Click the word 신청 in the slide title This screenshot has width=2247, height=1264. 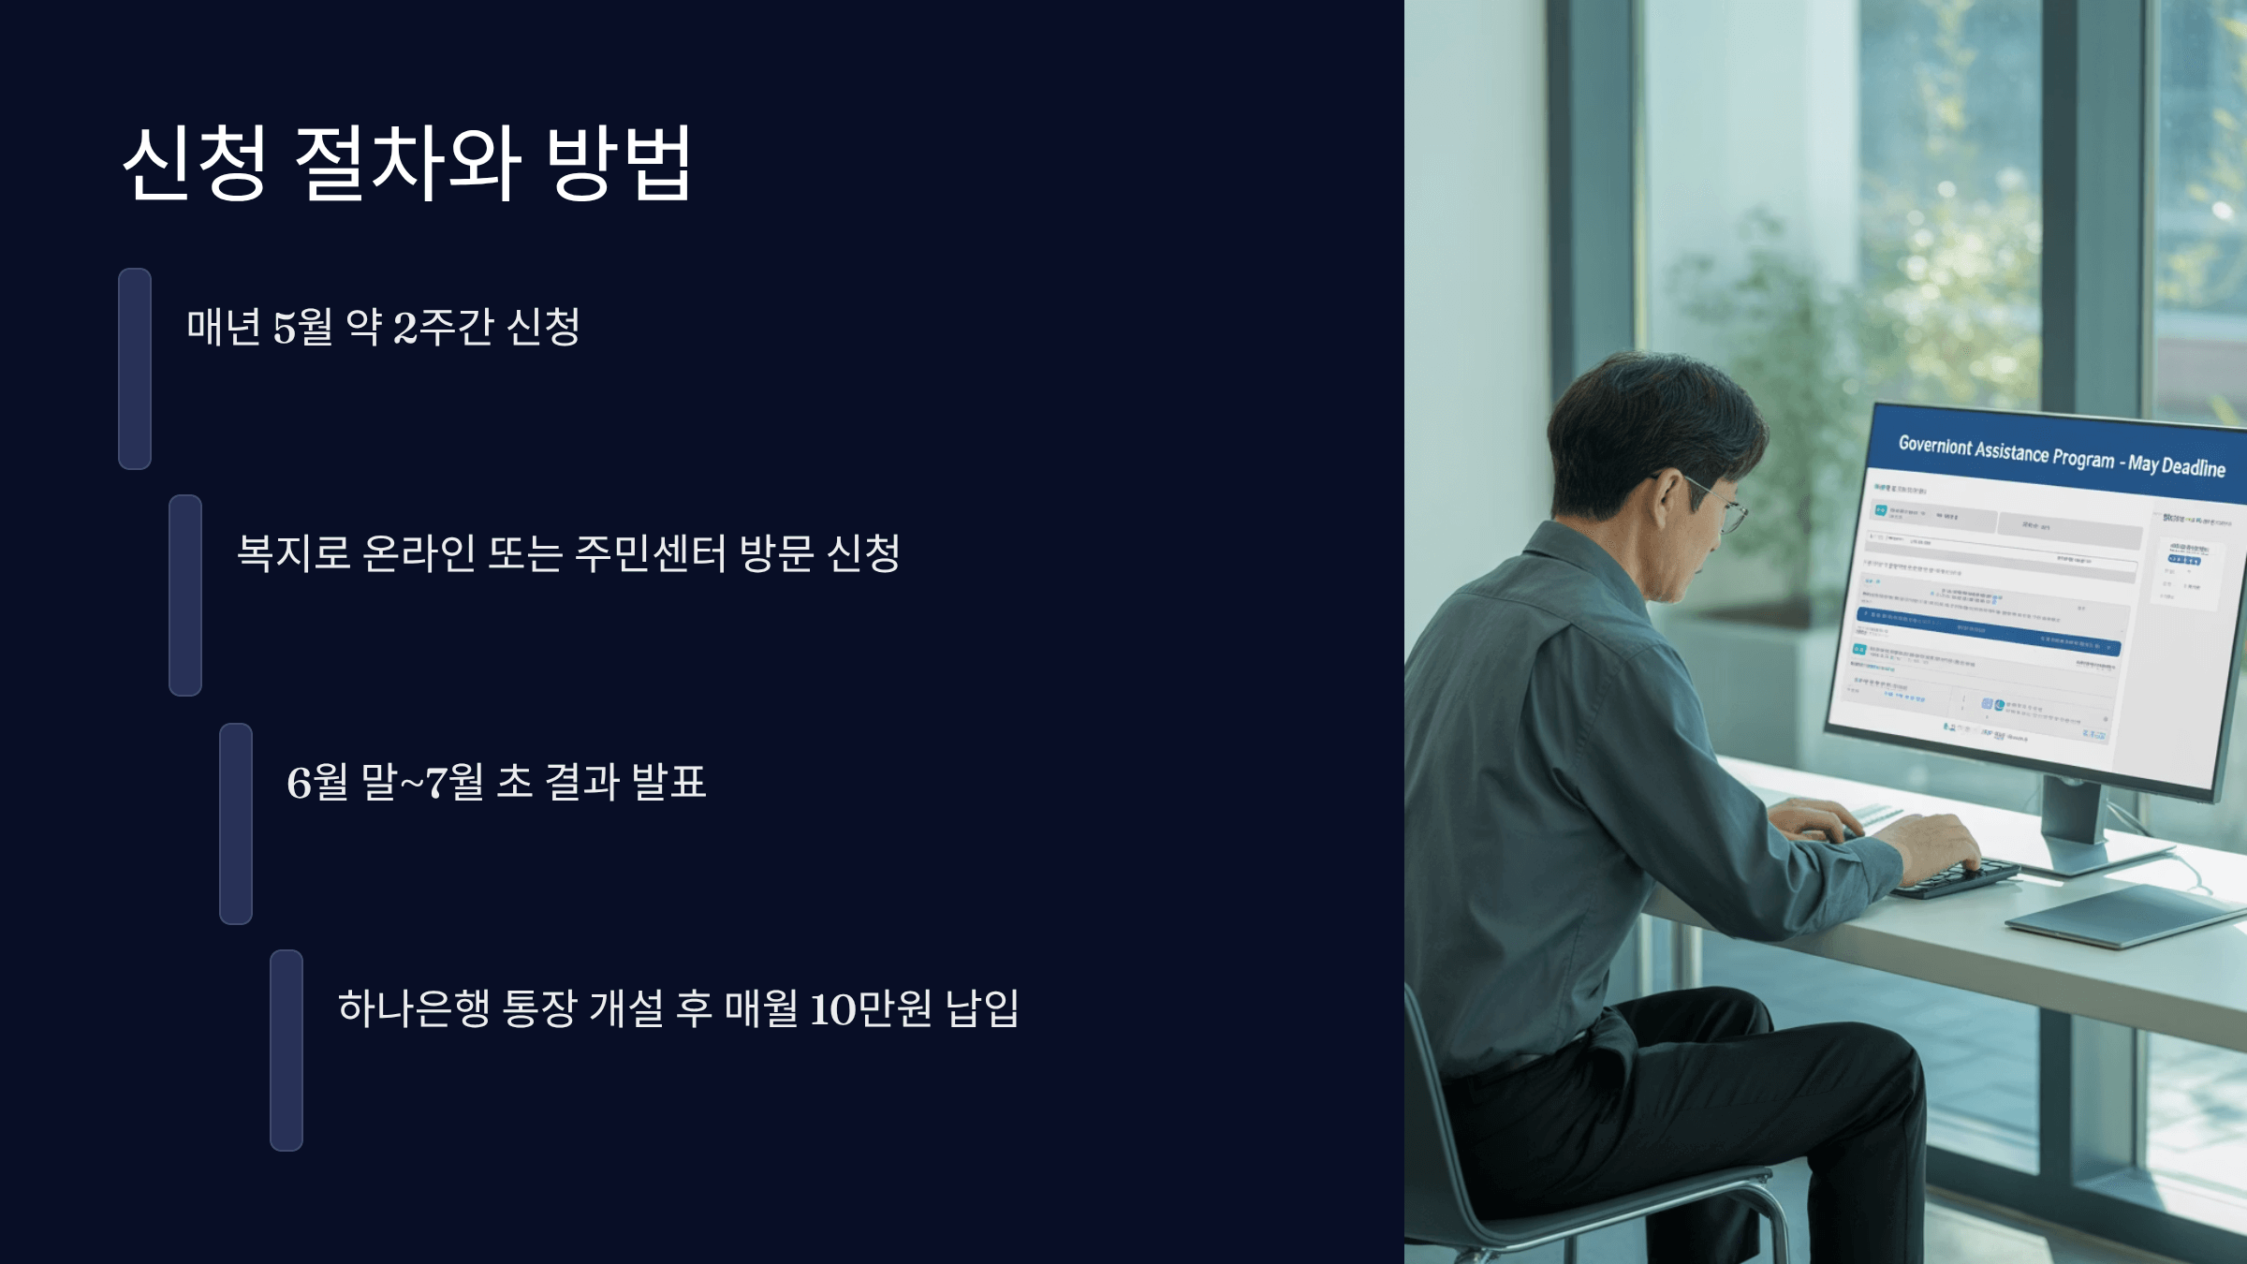click(x=195, y=163)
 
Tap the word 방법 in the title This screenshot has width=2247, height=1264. click(x=619, y=163)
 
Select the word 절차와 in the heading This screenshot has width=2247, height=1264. click(x=407, y=163)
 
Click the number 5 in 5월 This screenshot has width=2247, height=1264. click(x=284, y=328)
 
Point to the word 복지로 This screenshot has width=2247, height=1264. click(x=293, y=553)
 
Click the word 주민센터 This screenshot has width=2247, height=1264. click(x=650, y=553)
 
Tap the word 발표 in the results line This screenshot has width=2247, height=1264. click(x=668, y=782)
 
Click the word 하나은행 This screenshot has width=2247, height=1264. click(x=414, y=1008)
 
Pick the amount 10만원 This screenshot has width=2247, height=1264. click(x=871, y=1008)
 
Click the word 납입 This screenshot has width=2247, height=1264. click(x=982, y=1008)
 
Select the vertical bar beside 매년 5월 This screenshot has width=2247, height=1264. click(x=135, y=369)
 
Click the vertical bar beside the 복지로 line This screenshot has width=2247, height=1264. click(x=185, y=595)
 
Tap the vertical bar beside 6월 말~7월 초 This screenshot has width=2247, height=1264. click(x=236, y=824)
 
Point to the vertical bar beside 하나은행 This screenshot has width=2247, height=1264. click(x=286, y=1051)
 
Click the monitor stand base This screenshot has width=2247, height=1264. click(x=2097, y=857)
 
